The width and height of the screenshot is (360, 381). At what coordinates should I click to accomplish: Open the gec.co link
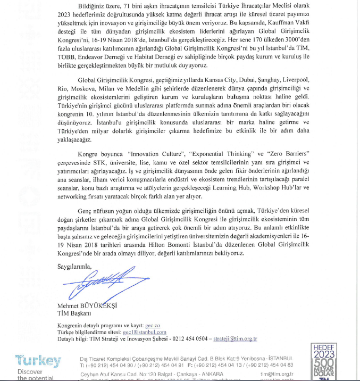click(x=153, y=324)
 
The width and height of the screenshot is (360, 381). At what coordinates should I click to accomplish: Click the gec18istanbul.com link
click(x=145, y=331)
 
